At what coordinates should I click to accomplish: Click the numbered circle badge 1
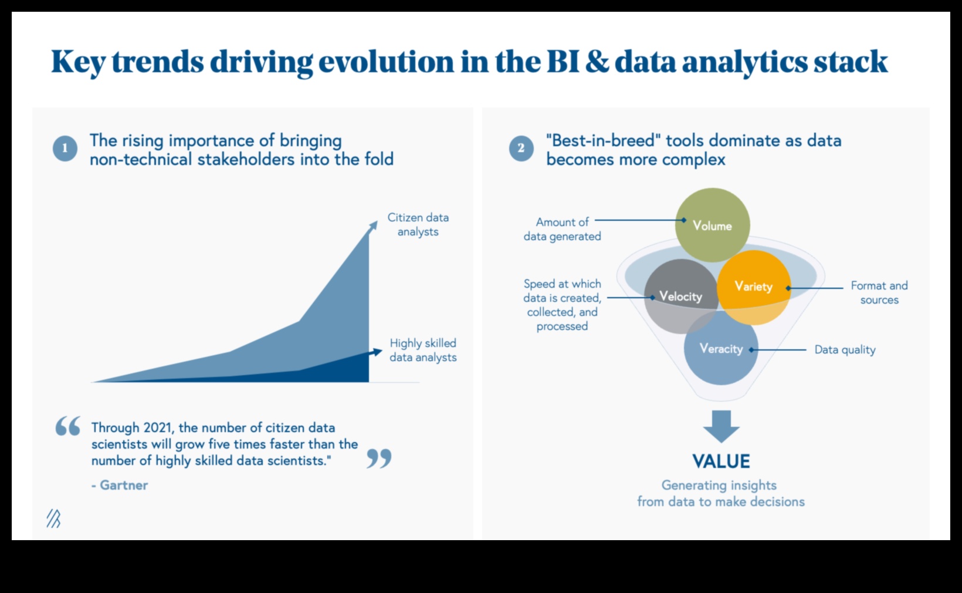(x=65, y=149)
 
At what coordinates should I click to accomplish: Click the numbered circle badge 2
(x=521, y=149)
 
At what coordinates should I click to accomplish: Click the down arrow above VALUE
(x=721, y=426)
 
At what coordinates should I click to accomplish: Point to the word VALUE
(x=721, y=461)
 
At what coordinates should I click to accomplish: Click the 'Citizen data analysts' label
(x=418, y=224)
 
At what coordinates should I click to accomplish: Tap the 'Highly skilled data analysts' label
(x=423, y=350)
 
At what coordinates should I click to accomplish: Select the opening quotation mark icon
(x=68, y=426)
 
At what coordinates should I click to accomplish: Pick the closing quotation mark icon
(x=379, y=459)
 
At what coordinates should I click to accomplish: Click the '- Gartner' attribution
(x=120, y=485)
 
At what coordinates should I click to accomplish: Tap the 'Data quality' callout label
(x=845, y=350)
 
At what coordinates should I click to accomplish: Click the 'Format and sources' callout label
(x=879, y=292)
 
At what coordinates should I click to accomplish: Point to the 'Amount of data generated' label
(x=562, y=229)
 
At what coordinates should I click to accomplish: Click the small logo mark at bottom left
(x=53, y=518)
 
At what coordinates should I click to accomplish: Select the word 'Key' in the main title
(x=77, y=62)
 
